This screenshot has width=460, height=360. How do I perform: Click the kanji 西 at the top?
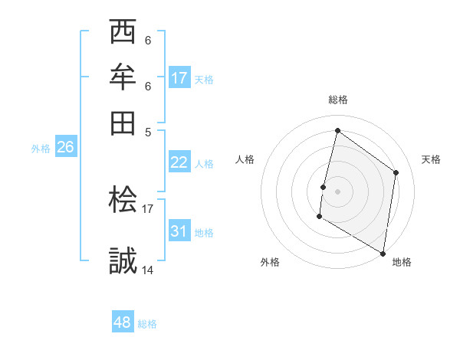pos(123,33)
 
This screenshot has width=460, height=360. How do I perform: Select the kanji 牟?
pos(123,78)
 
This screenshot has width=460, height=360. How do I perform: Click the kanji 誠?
pos(123,259)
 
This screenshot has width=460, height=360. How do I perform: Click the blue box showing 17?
pos(179,78)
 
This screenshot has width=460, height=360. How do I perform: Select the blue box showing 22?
pos(179,162)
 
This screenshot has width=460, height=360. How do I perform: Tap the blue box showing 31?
pos(179,231)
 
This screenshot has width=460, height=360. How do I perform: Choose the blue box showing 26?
pos(65,148)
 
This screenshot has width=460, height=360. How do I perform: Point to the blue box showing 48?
pos(123,322)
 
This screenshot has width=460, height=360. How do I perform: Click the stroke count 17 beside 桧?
pos(148,208)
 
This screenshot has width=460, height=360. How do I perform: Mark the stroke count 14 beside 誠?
pos(148,269)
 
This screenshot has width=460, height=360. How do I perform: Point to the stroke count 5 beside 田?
pos(148,131)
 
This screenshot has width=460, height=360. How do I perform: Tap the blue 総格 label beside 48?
pos(147,324)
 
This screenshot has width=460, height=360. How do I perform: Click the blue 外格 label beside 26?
pos(41,149)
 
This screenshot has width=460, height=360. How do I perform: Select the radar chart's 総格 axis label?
pos(337,100)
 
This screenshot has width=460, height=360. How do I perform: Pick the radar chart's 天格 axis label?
pos(431,159)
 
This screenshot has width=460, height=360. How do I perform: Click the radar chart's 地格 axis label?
pos(402,262)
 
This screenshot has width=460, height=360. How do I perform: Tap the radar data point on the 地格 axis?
pos(383,252)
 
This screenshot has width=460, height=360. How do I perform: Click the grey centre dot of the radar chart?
pos(337,190)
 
